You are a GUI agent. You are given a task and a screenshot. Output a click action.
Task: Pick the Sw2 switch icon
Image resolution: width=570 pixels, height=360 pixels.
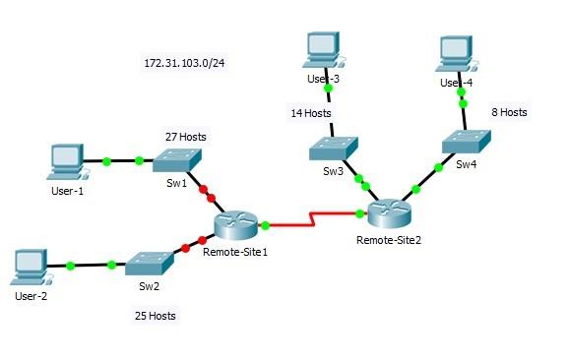coord(148,263)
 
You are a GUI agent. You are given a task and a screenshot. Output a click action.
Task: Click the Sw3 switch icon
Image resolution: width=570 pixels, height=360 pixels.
coord(332,150)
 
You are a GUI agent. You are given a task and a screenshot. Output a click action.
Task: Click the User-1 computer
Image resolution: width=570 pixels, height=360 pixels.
coord(66,159)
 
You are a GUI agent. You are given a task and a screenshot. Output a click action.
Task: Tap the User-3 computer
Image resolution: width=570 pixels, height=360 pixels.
coord(321,47)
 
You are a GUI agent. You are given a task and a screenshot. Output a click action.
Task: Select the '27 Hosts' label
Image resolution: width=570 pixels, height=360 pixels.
coord(185,137)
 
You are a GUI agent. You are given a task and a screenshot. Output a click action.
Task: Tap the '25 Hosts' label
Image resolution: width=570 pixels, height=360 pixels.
coord(155,316)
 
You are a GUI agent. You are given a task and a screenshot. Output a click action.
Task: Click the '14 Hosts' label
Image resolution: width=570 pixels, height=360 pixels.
coord(310,113)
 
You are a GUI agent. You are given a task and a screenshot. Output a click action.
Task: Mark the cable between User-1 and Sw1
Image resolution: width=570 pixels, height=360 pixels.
coord(122,160)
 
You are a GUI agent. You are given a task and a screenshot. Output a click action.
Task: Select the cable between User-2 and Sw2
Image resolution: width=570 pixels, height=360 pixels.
coord(91,265)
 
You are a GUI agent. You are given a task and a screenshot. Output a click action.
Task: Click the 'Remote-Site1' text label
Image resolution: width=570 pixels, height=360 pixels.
coord(235,252)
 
